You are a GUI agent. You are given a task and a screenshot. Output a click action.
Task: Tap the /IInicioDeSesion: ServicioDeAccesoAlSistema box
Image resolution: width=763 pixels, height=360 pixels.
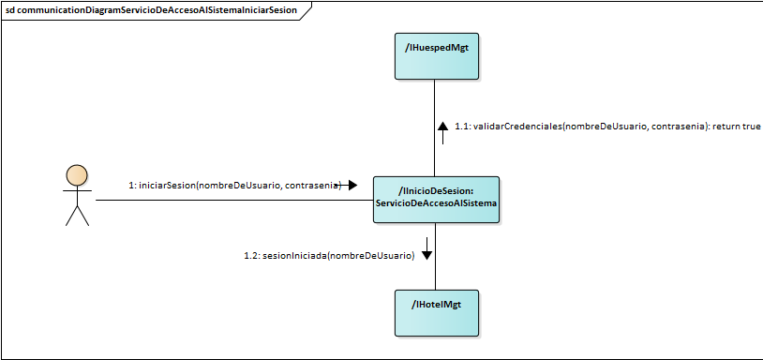tap(436, 199)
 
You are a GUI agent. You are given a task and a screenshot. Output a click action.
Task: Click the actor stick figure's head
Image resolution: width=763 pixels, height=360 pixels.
tap(77, 175)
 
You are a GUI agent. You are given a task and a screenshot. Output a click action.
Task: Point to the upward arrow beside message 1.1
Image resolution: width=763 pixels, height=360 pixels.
tap(443, 127)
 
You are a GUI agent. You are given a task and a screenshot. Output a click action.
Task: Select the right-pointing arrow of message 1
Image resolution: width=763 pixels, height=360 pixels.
tap(351, 186)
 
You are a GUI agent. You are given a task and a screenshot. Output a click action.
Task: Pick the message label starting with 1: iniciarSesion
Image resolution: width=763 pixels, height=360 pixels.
tap(234, 186)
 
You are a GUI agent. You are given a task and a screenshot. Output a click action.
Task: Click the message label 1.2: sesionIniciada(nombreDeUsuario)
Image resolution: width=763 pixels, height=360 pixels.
tap(328, 255)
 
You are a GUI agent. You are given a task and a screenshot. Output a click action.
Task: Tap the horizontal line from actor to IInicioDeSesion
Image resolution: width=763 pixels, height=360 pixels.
tap(234, 200)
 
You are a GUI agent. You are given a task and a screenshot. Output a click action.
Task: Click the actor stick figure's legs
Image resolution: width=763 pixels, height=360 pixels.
tap(77, 216)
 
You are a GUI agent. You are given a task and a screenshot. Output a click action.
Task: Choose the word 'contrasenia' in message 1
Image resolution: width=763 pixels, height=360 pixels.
tap(312, 186)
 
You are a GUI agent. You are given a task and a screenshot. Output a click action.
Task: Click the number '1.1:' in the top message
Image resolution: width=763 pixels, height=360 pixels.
tap(463, 127)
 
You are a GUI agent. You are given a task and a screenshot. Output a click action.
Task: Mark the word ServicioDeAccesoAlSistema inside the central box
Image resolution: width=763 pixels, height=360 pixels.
tap(436, 204)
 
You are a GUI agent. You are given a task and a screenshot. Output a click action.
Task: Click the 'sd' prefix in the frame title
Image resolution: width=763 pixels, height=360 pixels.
tap(10, 9)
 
